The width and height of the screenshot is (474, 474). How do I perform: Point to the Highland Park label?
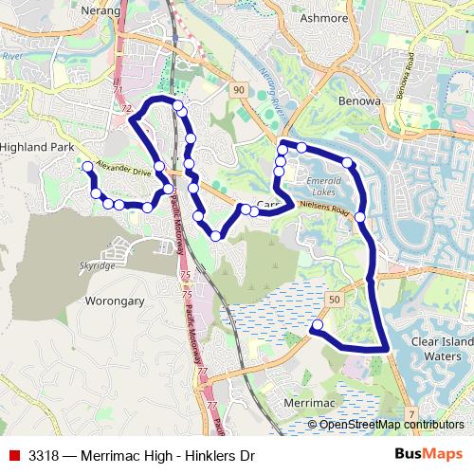click(36, 148)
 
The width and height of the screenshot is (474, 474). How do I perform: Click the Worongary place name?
click(115, 301)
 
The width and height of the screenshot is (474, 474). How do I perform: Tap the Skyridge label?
click(98, 266)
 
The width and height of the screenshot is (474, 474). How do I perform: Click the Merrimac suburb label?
click(305, 403)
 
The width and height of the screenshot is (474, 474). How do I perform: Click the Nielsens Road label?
click(324, 210)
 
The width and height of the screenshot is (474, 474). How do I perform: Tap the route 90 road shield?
click(237, 89)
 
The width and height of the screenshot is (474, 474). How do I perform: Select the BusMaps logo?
click(429, 455)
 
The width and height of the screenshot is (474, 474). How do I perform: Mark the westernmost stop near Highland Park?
click(87, 167)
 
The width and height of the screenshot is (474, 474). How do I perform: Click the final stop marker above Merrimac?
click(317, 325)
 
